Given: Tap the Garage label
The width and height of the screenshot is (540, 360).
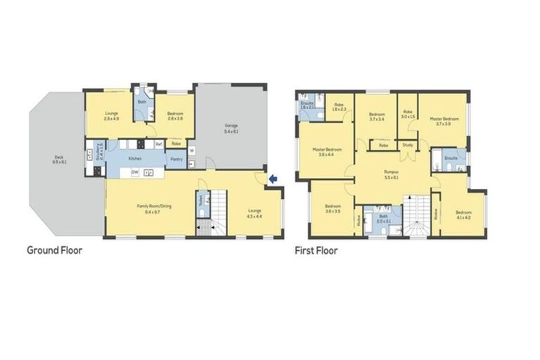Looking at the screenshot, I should click(x=231, y=129).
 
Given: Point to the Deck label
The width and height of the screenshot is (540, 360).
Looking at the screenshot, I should click(x=58, y=160).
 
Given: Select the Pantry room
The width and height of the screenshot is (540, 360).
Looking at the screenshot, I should click(x=176, y=159).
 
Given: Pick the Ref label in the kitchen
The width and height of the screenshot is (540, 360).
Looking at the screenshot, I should click(x=159, y=144).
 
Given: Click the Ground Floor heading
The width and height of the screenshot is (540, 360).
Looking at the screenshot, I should click(x=54, y=250).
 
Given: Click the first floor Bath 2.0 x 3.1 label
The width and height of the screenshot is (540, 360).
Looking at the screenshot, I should click(x=382, y=218).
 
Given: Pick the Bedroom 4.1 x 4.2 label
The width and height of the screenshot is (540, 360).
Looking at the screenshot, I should click(x=463, y=214).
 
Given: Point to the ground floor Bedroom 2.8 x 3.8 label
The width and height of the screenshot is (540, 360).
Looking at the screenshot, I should click(x=175, y=116).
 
